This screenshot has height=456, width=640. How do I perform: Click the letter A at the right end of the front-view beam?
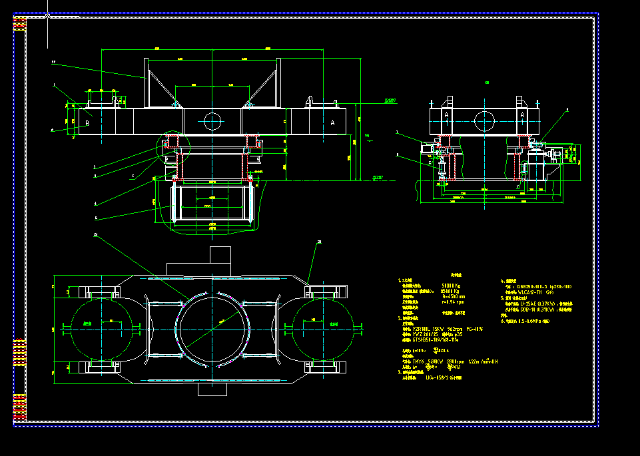coord(332,122)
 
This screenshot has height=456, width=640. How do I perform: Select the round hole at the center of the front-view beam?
coord(212,121)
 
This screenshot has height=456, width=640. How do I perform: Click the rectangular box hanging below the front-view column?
coord(212,204)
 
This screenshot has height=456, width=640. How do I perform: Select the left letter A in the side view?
coord(446,115)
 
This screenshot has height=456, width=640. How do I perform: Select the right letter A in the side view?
coord(522,115)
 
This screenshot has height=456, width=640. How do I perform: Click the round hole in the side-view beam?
coord(484,121)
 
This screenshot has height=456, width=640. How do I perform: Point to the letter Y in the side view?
coord(517,187)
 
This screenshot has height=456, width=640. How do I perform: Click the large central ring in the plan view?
coord(212,327)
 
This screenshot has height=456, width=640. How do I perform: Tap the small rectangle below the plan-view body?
coord(212,389)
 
